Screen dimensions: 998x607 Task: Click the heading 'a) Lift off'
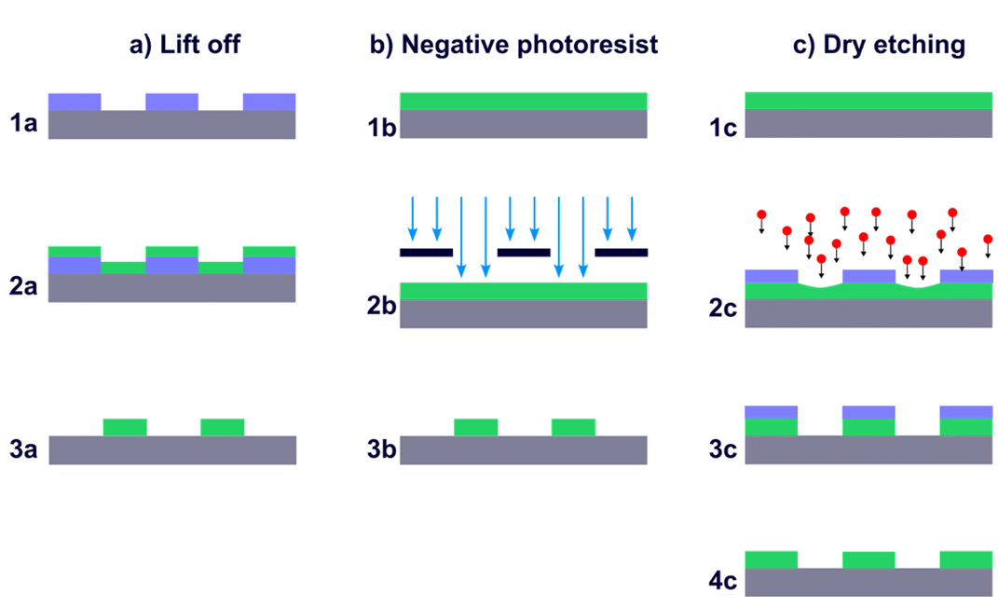[185, 46]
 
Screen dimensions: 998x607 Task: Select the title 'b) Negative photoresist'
[513, 46]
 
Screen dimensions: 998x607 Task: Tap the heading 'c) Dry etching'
[879, 46]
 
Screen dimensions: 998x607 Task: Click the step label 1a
[23, 123]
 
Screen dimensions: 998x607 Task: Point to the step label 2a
[23, 286]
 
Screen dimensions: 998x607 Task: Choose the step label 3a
[23, 449]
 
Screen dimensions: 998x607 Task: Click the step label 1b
[382, 128]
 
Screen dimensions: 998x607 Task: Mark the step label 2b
[382, 306]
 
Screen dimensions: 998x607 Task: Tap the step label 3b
[382, 449]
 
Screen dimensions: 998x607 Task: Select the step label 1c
[724, 128]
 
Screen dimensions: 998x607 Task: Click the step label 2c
[724, 308]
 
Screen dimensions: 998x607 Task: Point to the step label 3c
[724, 449]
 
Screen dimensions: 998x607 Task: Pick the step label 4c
[724, 580]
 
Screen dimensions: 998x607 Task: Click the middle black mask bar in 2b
[524, 253]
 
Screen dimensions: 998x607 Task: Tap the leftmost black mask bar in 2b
[427, 253]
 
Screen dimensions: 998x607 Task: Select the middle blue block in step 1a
[171, 102]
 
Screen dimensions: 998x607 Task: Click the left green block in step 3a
[126, 427]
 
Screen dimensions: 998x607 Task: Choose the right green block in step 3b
[573, 427]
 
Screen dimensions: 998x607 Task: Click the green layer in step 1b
[524, 102]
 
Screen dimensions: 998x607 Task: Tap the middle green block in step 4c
[868, 559]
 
